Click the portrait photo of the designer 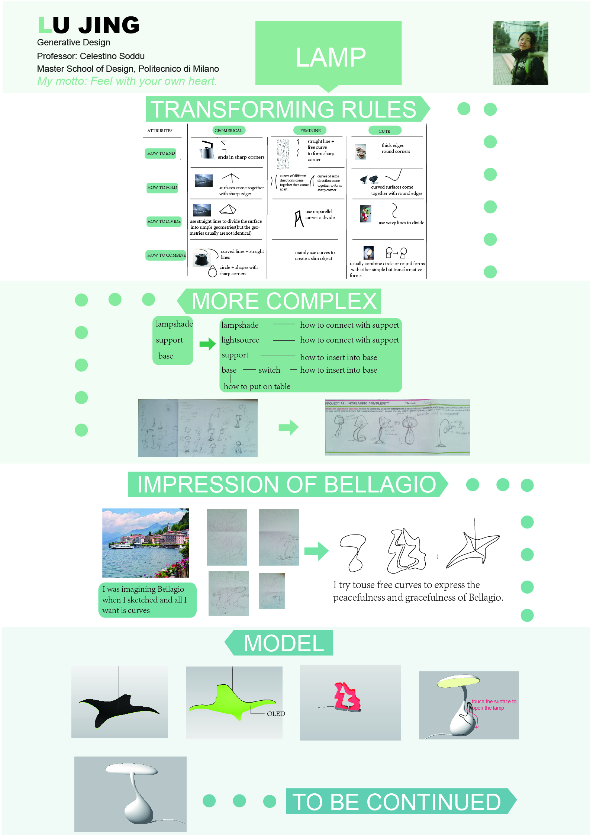520,53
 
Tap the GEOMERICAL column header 229,131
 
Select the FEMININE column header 310,131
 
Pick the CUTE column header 384,131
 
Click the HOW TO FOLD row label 162,187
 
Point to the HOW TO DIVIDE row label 164,221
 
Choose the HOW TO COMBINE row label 166,255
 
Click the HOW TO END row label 161,153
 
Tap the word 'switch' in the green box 269,370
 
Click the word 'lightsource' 240,340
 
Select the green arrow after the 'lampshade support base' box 207,344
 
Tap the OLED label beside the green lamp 276,713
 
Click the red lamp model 348,696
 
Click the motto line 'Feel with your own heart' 127,81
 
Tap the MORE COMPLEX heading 284,301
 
